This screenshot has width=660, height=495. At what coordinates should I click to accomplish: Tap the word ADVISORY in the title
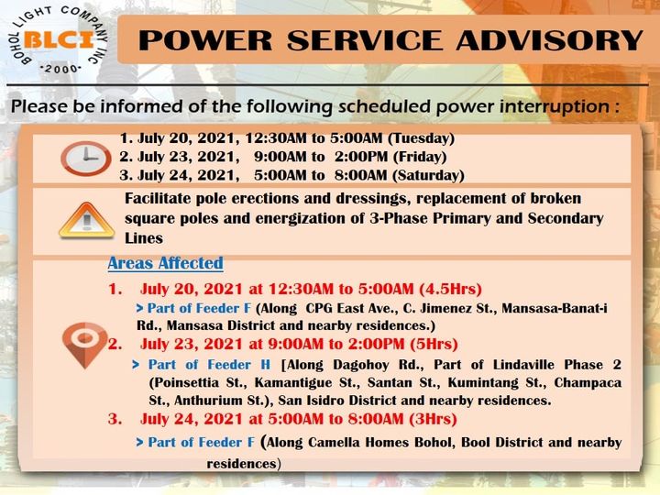pos(549,40)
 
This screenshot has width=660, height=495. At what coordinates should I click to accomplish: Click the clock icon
pos(86,159)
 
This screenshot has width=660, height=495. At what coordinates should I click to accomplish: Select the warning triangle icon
pos(86,220)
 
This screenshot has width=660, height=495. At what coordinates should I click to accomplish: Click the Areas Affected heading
pos(165,263)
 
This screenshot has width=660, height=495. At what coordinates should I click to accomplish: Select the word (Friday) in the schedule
pos(420,157)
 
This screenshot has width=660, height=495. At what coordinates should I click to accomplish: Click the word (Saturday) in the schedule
pos(428,175)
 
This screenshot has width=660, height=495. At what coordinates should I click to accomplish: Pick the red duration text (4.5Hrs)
pos(450,289)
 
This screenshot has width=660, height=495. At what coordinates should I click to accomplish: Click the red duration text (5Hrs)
pos(434,344)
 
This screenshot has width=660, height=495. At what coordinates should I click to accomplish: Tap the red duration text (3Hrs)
pos(433,419)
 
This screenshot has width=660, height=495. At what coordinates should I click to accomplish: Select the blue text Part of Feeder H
pos(209,365)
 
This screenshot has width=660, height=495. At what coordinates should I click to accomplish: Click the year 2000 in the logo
pos(61,69)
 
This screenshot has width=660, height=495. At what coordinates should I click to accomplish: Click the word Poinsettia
pos(184,382)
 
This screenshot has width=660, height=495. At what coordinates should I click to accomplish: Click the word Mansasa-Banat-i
pos(555,308)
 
